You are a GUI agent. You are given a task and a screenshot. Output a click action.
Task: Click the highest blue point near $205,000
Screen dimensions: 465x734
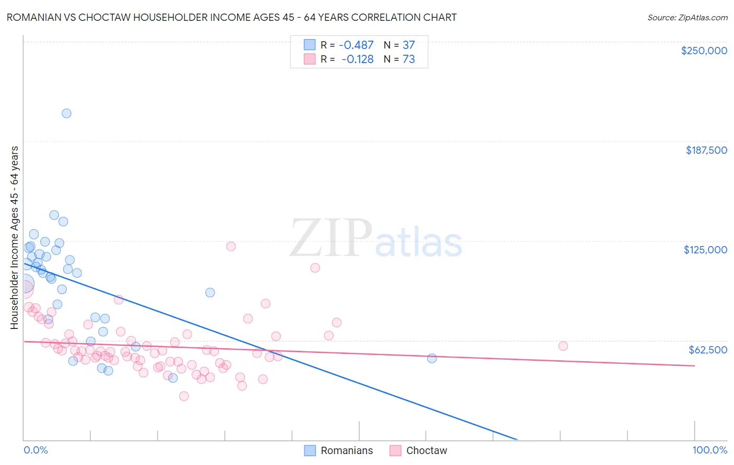pyautogui.click(x=66, y=113)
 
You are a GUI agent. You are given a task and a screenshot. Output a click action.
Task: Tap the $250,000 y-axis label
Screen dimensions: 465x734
pyautogui.click(x=704, y=51)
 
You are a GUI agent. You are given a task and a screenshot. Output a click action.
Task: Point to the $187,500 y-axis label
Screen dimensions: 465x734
pyautogui.click(x=706, y=150)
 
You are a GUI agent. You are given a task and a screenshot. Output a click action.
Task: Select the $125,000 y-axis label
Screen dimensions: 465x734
pyautogui.click(x=705, y=250)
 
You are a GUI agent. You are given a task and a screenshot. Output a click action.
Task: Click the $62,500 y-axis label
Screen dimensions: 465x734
pyautogui.click(x=707, y=349)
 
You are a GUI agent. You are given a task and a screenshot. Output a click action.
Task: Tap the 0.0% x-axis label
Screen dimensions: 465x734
pyautogui.click(x=35, y=450)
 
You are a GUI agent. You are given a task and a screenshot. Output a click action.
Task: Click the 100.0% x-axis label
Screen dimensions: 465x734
pyautogui.click(x=709, y=450)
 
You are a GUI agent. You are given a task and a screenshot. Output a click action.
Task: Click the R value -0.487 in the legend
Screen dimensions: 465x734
pyautogui.click(x=356, y=45)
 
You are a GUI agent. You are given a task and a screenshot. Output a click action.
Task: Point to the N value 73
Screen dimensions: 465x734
pyautogui.click(x=409, y=59)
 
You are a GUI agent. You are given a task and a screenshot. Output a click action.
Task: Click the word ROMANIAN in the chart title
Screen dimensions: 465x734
pyautogui.click(x=36, y=17)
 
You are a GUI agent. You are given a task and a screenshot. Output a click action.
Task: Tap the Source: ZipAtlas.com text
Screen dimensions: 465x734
pyautogui.click(x=687, y=17)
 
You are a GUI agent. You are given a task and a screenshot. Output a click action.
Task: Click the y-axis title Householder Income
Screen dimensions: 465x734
pyautogui.click(x=14, y=237)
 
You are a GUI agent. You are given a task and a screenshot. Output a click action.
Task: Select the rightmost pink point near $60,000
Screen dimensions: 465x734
pyautogui.click(x=563, y=346)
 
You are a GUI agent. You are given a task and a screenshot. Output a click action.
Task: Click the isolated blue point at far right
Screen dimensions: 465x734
pyautogui.click(x=432, y=358)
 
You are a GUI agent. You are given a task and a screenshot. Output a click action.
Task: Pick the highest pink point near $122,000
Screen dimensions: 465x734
pyautogui.click(x=231, y=246)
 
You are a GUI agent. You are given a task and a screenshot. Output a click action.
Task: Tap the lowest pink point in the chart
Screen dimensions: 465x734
pyautogui.click(x=184, y=396)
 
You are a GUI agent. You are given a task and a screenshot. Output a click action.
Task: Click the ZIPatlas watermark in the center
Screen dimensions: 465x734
pyautogui.click(x=376, y=239)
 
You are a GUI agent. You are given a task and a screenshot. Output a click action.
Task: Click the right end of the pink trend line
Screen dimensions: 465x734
pyautogui.click(x=694, y=366)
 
